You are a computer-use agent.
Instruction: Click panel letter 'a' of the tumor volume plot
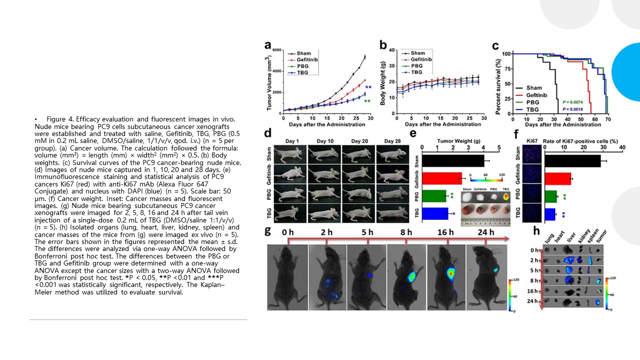click(x=268, y=45)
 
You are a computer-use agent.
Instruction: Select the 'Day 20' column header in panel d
click(x=358, y=141)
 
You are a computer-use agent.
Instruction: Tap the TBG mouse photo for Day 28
click(x=392, y=215)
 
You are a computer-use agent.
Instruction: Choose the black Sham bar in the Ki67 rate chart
click(x=572, y=160)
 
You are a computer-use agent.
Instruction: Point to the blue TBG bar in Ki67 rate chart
click(x=550, y=214)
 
